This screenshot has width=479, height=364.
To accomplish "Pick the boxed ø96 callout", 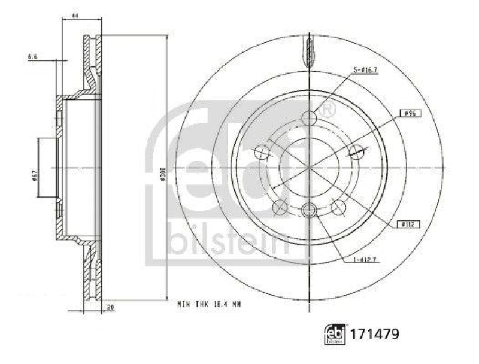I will (410, 112).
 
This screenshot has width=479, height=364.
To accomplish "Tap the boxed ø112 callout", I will (410, 224).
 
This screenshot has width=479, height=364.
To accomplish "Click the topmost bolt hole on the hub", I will (309, 118).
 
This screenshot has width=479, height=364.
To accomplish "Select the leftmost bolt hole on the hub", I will (262, 153).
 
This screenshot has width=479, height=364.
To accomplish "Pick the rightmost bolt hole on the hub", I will (356, 152).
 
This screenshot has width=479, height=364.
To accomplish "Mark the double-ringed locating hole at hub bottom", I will (309, 209).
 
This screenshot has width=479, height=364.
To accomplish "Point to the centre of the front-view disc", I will (309, 168).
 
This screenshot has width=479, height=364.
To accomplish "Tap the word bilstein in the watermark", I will (228, 236).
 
